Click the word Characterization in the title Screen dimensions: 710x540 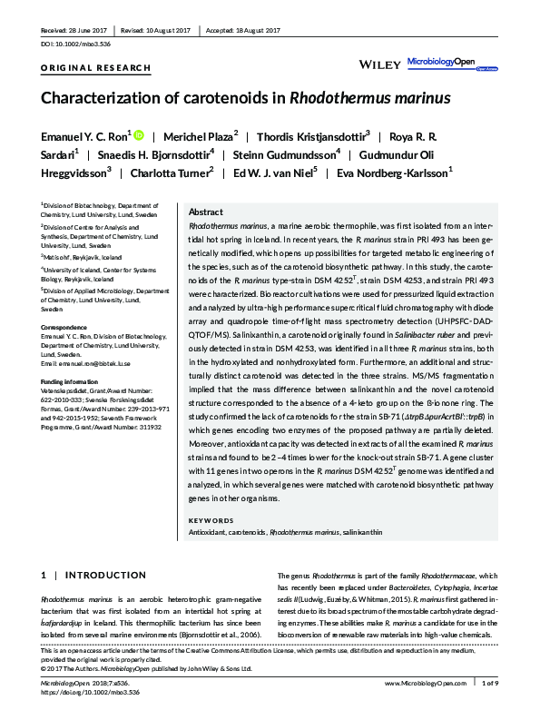[x=108, y=100]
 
